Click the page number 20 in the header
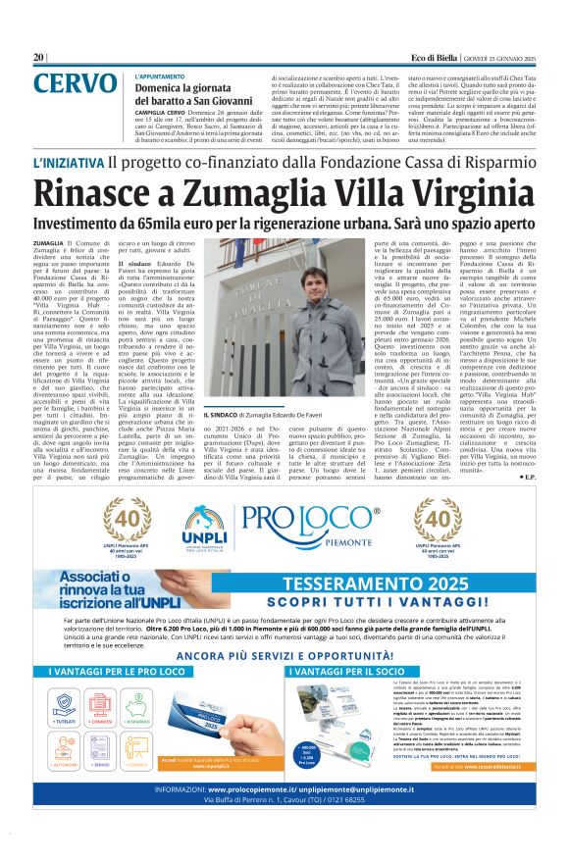(x=38, y=58)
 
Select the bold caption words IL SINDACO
(x=222, y=418)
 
